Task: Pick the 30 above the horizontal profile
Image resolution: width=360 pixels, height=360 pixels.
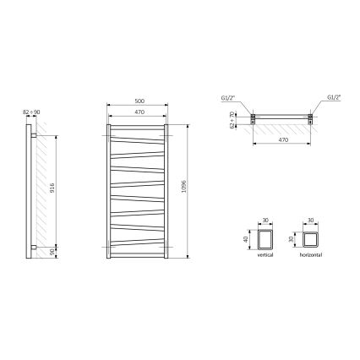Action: point(310,220)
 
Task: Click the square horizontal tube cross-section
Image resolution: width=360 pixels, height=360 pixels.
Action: point(310,240)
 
